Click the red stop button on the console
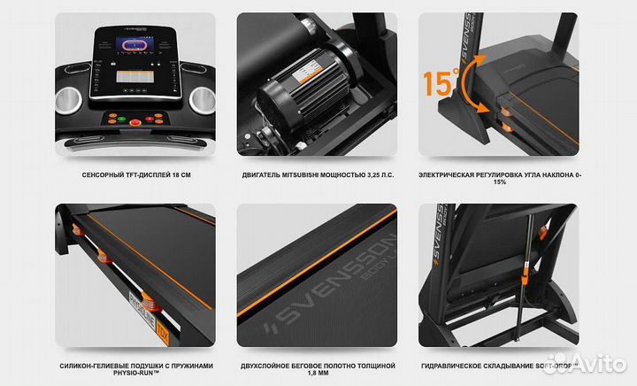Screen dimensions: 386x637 pyautogui.click(x=135, y=122)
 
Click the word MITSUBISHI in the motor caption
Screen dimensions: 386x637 pyautogui.click(x=306, y=175)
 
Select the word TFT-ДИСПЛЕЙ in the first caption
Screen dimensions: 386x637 pyautogui.click(x=144, y=175)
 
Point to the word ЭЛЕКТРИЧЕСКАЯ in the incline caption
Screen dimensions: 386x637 pyautogui.click(x=455, y=175)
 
